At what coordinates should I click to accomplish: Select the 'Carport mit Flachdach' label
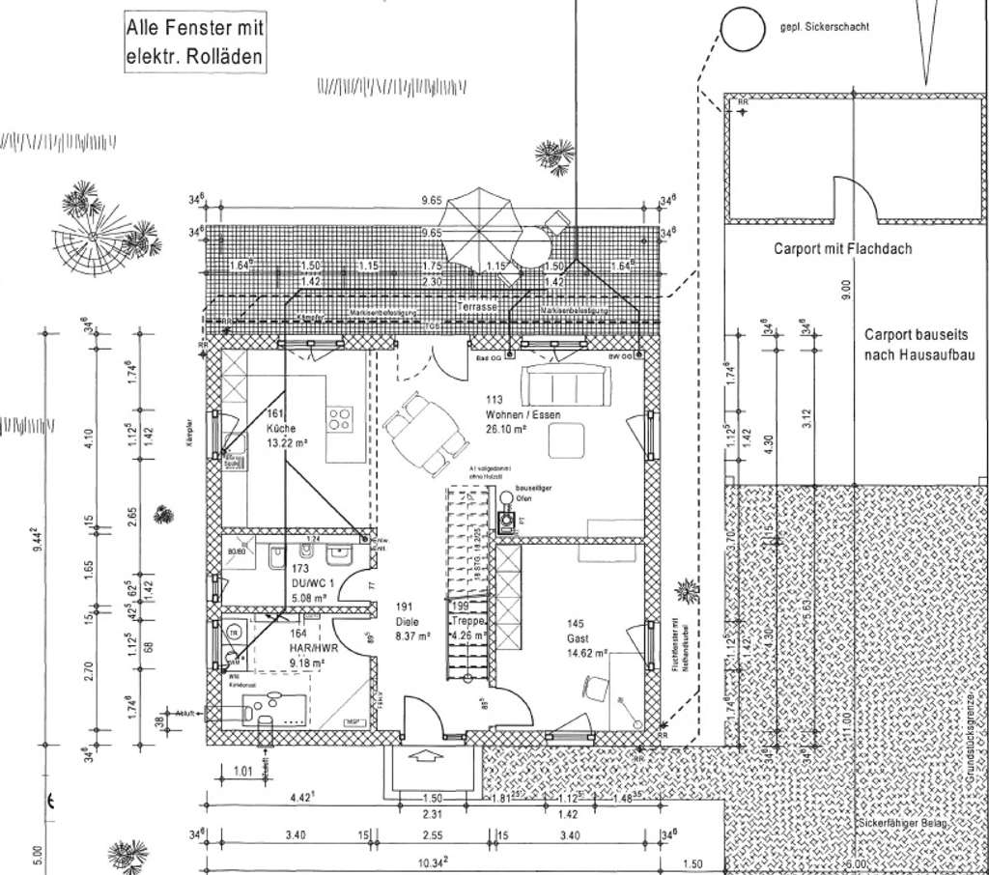point(842,248)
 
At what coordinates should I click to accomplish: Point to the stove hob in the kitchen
point(340,419)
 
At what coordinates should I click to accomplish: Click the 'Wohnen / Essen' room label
point(523,408)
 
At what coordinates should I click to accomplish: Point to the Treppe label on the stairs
point(472,621)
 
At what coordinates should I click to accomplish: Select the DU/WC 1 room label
point(311,583)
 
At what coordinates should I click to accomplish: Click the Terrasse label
point(477,306)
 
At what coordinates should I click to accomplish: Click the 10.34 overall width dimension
point(428,861)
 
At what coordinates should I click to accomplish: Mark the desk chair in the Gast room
point(593,686)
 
